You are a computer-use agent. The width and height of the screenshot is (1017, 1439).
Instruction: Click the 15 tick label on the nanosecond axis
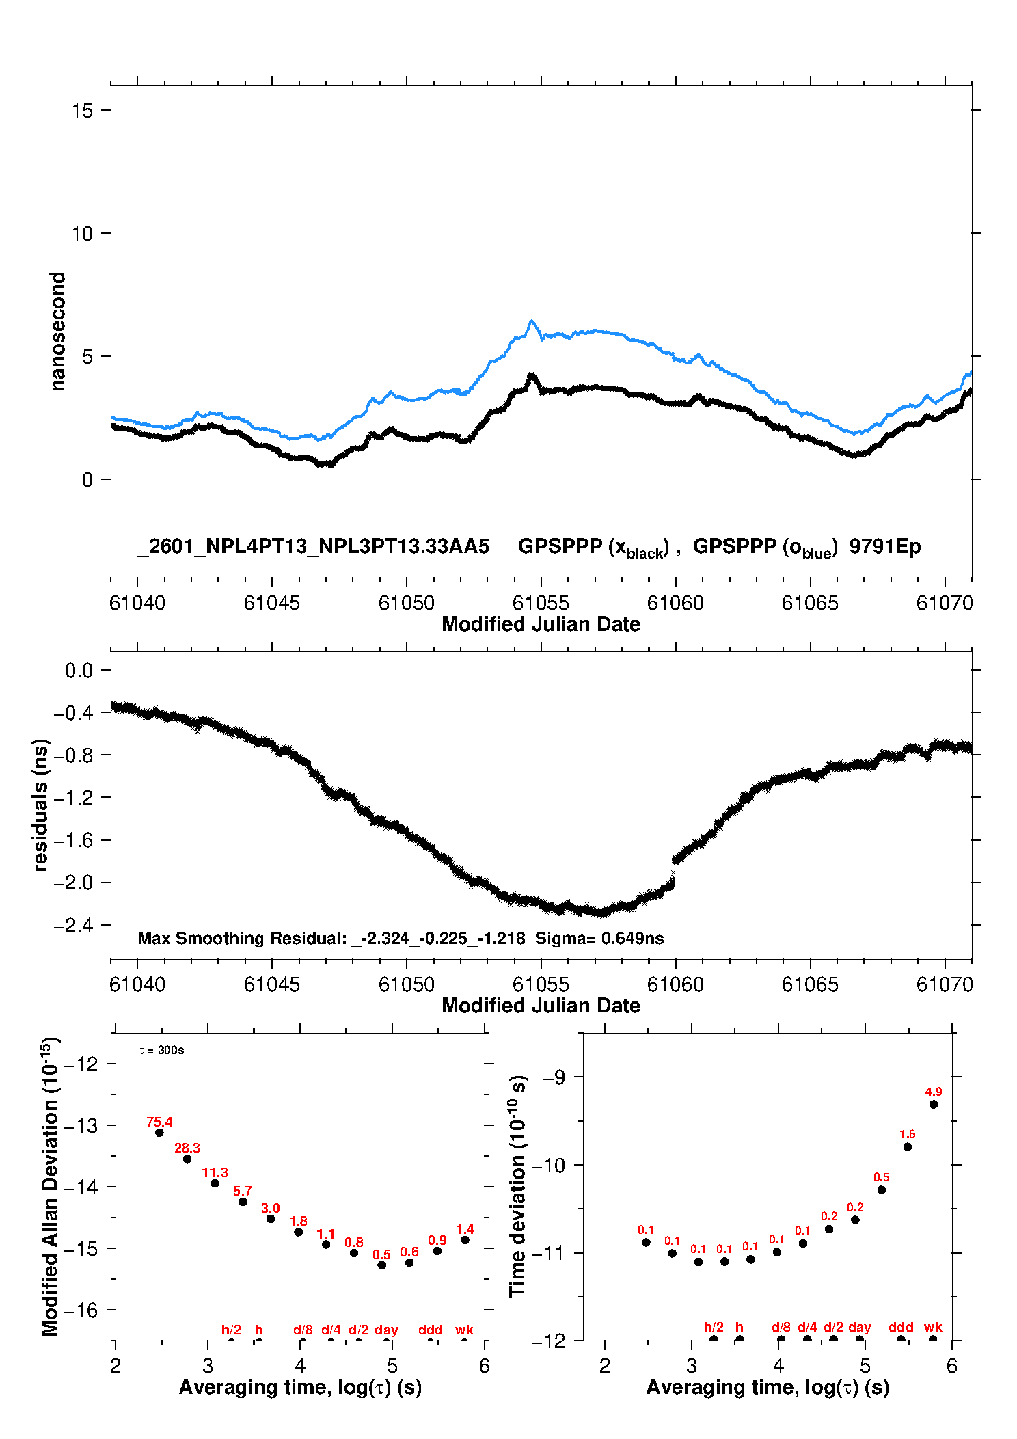(x=82, y=111)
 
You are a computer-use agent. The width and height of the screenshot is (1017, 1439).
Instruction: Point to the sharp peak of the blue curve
(x=531, y=321)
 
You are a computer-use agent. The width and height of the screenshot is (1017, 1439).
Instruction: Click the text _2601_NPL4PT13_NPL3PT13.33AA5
(x=313, y=546)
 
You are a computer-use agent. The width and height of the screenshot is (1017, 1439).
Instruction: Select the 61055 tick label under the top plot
(x=541, y=603)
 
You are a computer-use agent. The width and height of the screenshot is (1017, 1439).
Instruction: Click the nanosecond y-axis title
(x=58, y=332)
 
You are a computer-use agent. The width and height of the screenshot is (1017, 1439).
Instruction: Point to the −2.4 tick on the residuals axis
(x=78, y=926)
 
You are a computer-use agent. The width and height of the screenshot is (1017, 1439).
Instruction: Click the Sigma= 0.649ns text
(x=599, y=938)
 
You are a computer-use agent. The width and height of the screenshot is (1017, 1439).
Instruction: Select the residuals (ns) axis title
(x=40, y=805)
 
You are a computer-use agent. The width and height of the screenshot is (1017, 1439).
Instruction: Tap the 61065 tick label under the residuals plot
(x=810, y=984)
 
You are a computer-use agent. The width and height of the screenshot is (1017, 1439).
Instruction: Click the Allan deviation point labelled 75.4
(x=159, y=1133)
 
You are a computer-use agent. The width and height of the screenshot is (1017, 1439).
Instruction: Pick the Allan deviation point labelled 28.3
(x=187, y=1159)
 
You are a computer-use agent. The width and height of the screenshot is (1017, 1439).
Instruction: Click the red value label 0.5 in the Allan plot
(x=381, y=1254)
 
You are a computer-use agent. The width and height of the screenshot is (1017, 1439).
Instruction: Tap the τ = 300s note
(x=161, y=1050)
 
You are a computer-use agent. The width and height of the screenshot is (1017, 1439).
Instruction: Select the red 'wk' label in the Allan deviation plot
(x=464, y=1330)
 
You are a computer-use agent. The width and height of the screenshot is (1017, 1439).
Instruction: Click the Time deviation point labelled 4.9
(x=934, y=1104)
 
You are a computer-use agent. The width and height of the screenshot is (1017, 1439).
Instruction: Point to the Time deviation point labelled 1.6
(x=908, y=1146)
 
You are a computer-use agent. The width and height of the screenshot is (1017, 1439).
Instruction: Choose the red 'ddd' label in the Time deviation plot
(x=901, y=1327)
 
